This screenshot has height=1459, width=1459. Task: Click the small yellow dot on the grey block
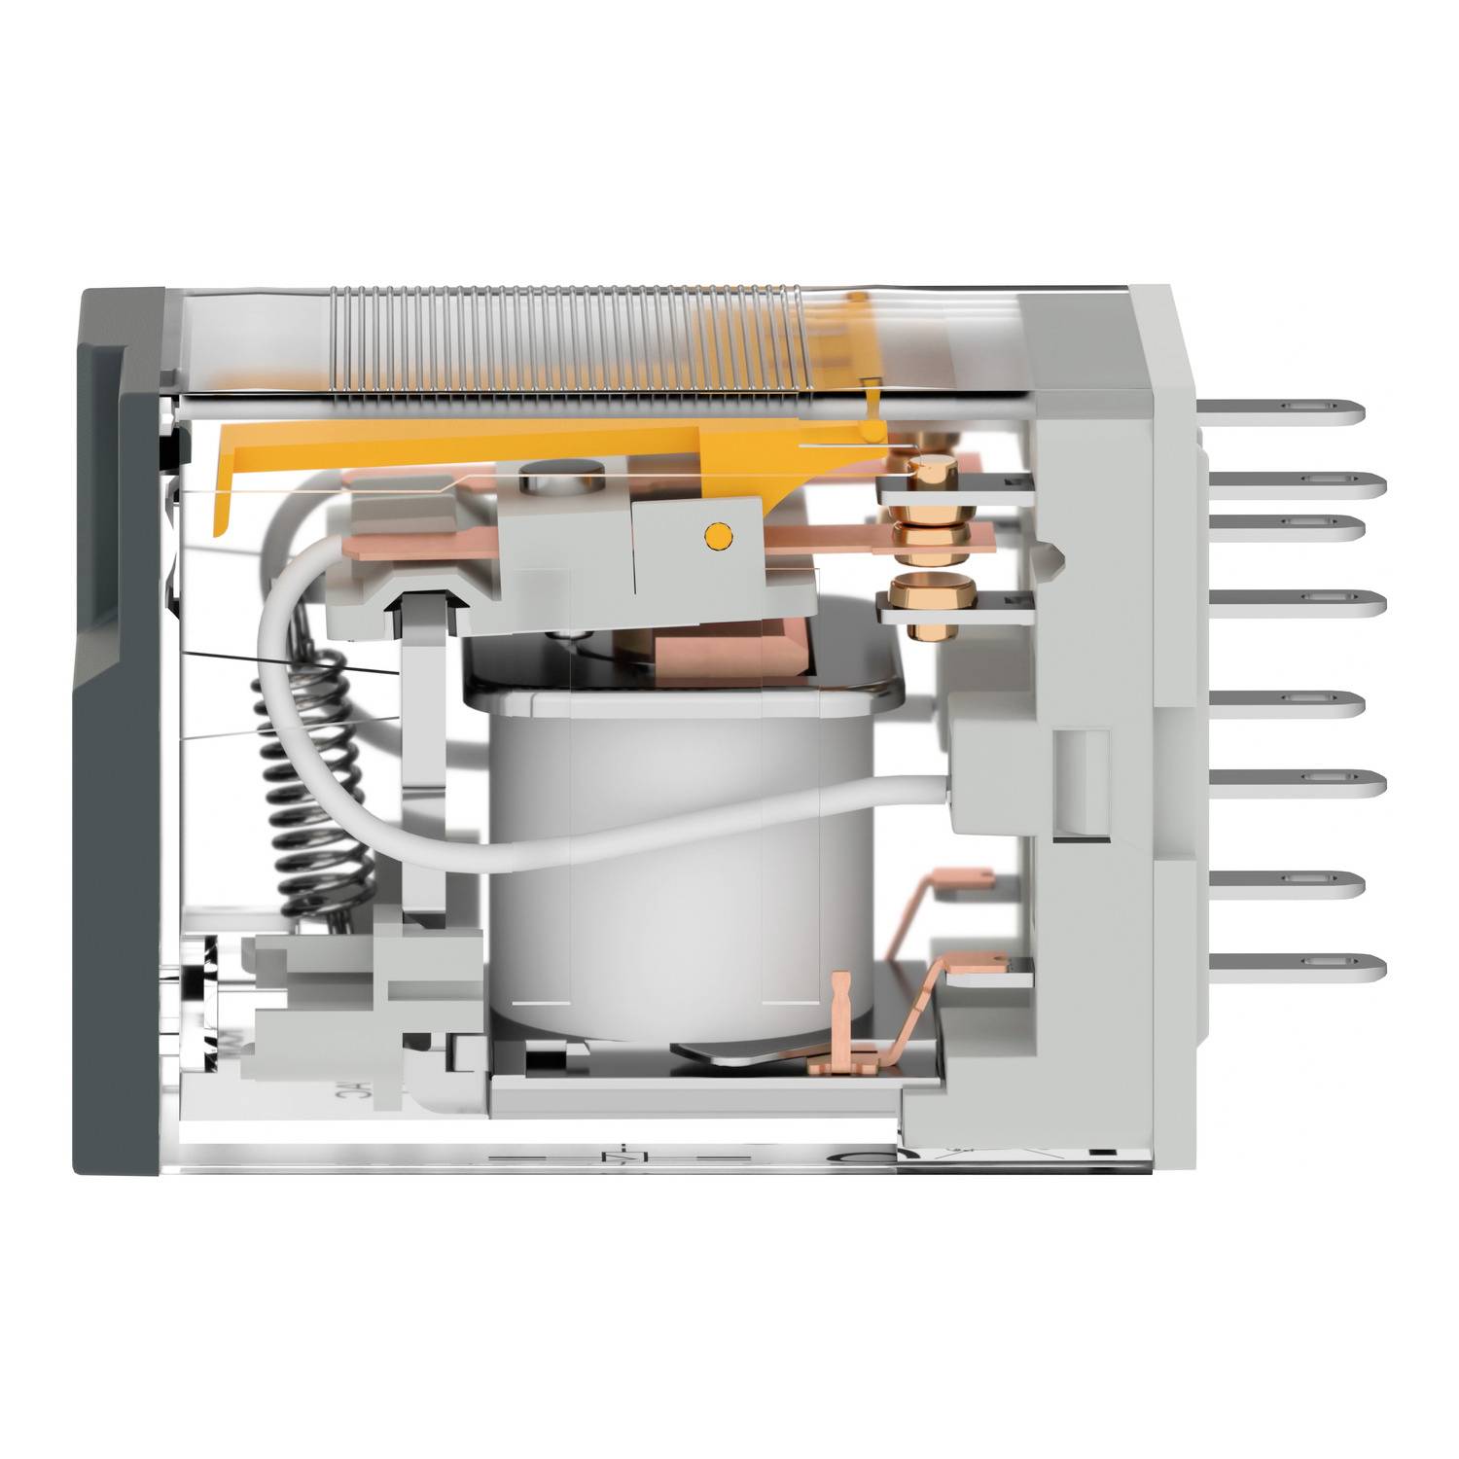(x=717, y=533)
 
